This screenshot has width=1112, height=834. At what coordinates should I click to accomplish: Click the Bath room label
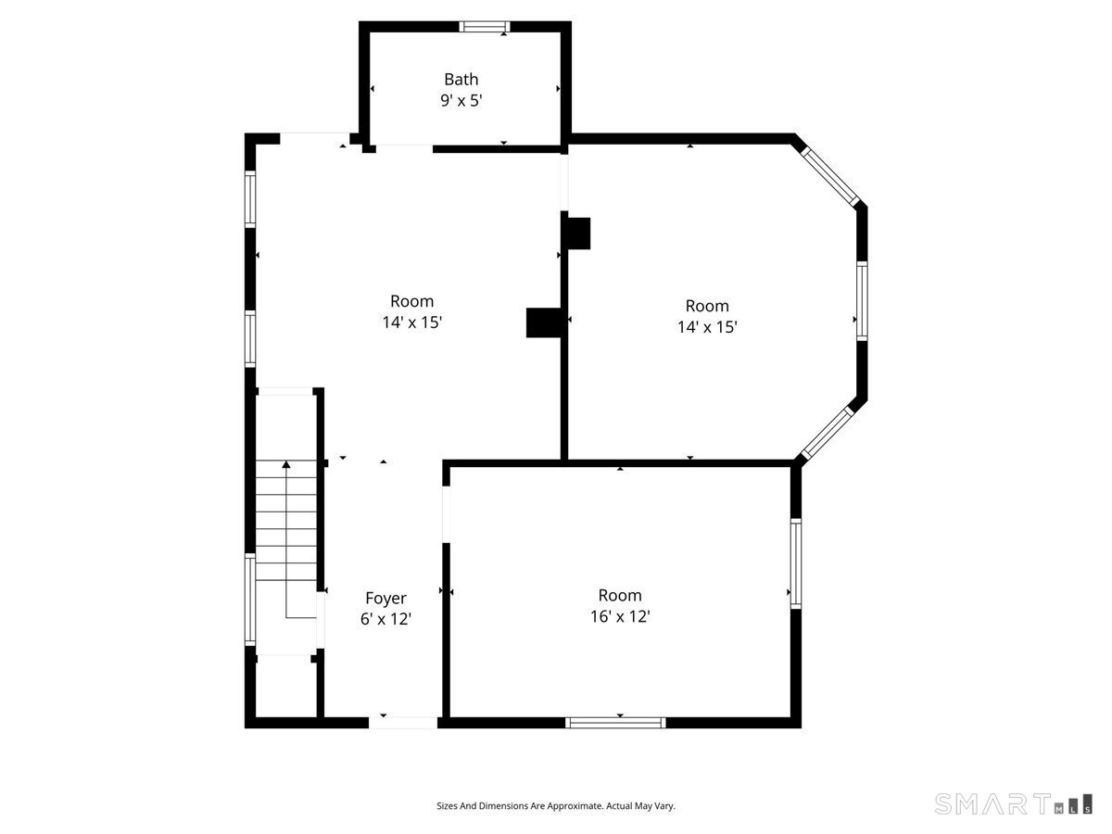click(461, 79)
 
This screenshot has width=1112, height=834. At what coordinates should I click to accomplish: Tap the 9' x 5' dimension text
click(461, 100)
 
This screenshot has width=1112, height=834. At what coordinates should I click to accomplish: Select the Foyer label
click(385, 598)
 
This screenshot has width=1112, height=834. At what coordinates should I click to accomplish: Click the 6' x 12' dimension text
click(385, 619)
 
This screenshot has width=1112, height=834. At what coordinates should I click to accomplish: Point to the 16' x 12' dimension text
click(620, 616)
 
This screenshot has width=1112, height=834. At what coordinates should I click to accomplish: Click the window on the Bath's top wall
click(485, 26)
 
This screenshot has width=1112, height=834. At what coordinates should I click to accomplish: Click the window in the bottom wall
click(615, 723)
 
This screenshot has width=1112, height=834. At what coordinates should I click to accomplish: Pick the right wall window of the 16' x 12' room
click(796, 563)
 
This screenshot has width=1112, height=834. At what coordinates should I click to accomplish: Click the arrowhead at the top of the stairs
click(286, 464)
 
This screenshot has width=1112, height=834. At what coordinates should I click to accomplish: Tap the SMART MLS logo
click(1013, 803)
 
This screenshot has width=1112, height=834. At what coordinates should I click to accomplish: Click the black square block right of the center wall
click(579, 234)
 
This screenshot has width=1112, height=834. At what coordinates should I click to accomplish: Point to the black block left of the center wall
click(544, 322)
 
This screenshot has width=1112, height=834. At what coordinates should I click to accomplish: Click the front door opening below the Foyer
click(403, 723)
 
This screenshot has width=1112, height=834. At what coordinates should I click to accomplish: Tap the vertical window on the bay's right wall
click(862, 300)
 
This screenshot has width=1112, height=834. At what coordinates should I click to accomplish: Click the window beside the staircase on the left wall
click(250, 600)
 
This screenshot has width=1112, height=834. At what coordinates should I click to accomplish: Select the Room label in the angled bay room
click(707, 306)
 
